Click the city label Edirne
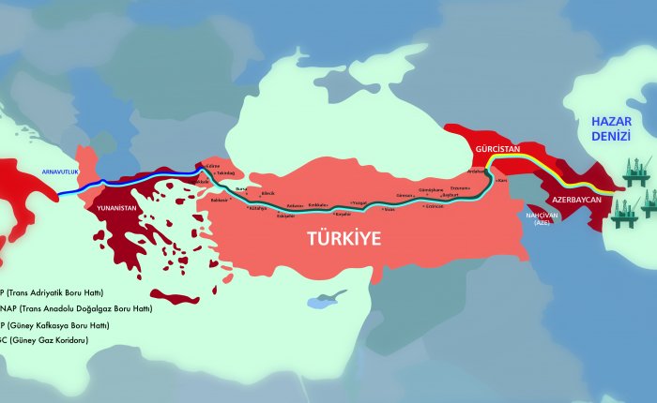click(x=213, y=166)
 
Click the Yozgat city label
click(x=359, y=201)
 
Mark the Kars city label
click(x=502, y=178)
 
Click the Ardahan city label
click(x=478, y=172)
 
